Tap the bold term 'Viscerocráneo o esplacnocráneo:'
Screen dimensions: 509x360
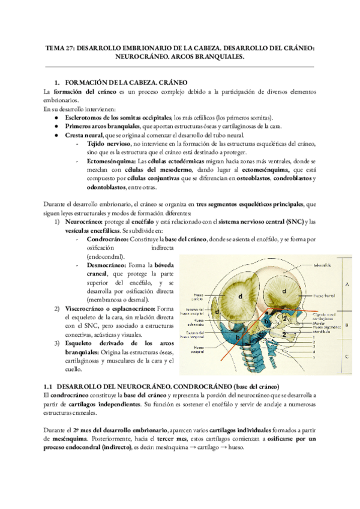[110, 308]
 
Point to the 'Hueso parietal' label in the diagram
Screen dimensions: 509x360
[199, 296]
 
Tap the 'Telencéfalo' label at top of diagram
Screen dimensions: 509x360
[316, 264]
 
